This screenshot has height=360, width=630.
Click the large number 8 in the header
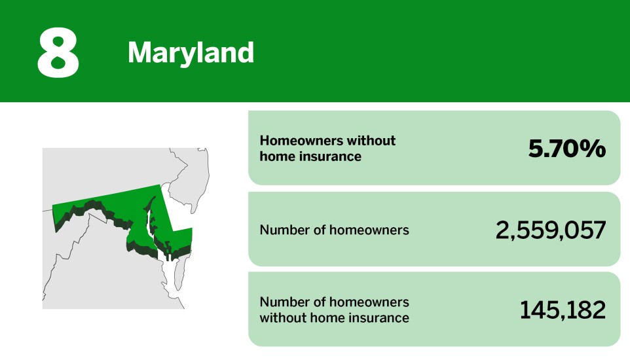(x=58, y=52)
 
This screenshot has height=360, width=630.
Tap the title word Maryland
(x=191, y=52)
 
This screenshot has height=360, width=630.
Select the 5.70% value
(x=567, y=149)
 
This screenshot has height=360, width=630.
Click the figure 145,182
(x=563, y=310)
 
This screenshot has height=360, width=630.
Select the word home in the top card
(x=275, y=156)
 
